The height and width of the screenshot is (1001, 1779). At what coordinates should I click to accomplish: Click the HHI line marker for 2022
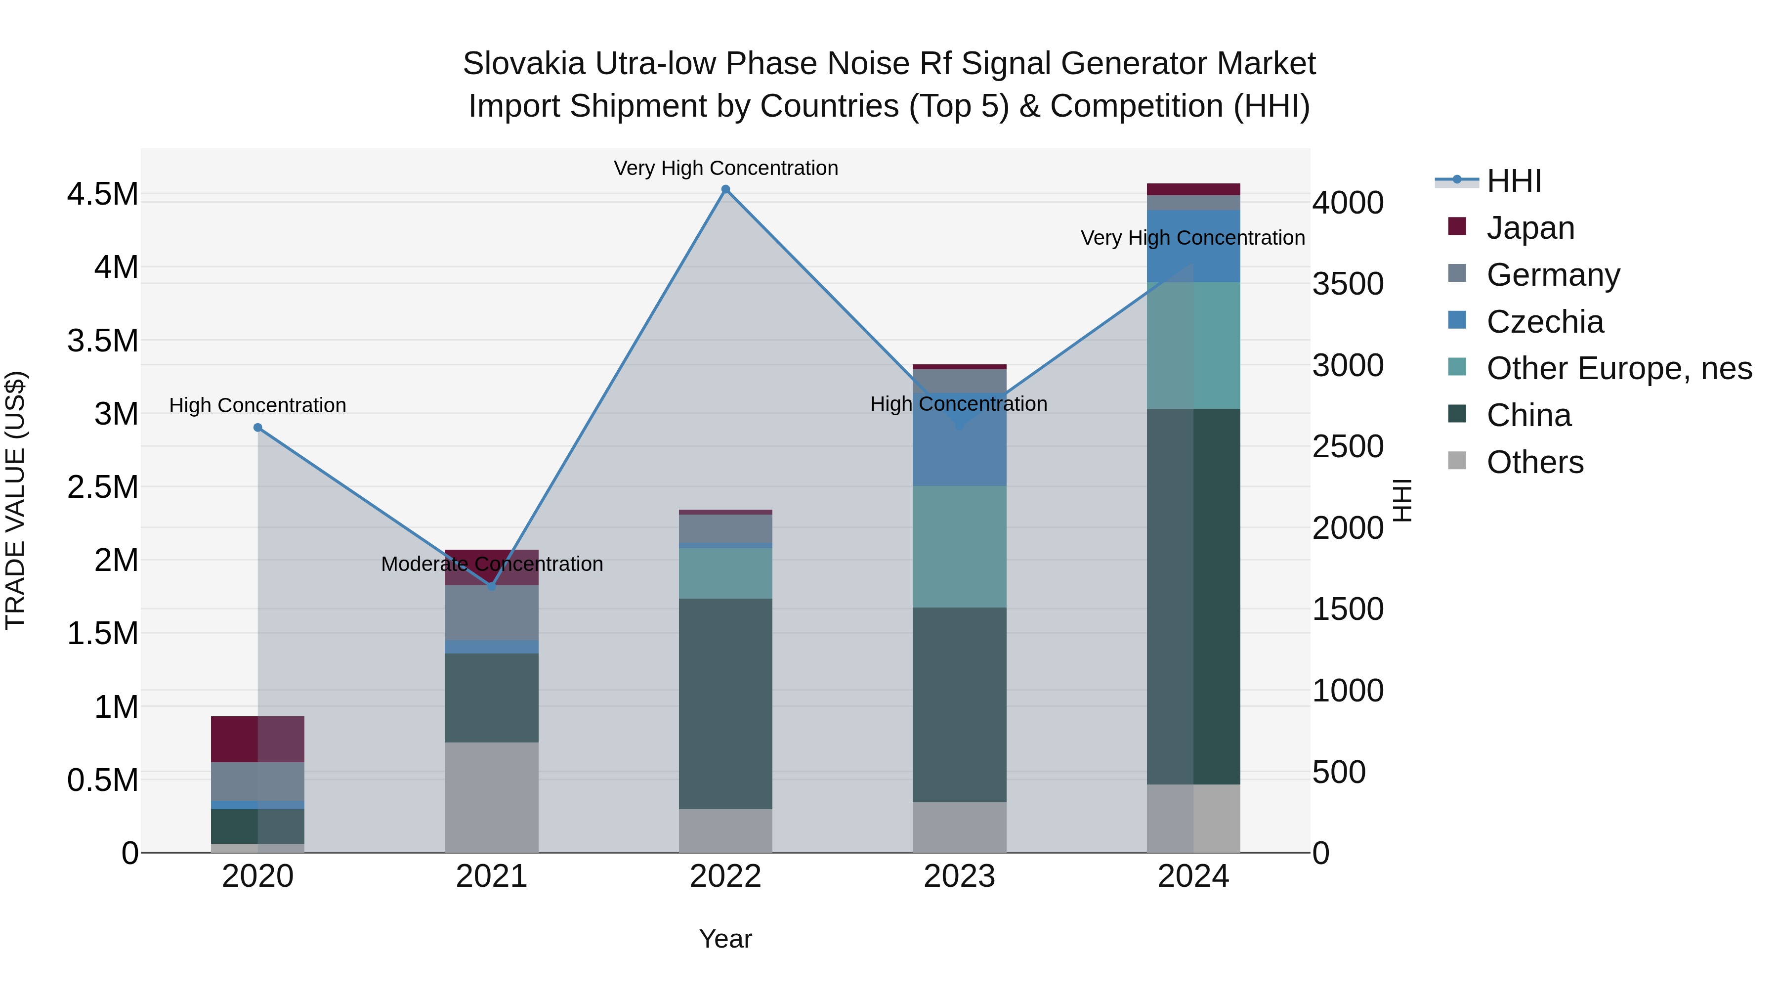tap(725, 189)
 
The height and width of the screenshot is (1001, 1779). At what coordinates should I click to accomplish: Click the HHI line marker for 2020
tap(257, 428)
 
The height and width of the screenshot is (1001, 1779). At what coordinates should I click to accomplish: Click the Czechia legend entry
tap(1544, 322)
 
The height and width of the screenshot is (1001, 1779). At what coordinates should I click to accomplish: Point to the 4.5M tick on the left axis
tap(102, 194)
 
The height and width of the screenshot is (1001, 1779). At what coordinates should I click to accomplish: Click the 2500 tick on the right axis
tap(1348, 447)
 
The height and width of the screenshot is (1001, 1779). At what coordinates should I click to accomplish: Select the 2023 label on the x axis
tap(959, 876)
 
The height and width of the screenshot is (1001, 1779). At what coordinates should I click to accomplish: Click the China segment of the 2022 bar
tap(725, 703)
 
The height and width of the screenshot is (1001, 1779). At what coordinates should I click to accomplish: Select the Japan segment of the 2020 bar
tap(257, 739)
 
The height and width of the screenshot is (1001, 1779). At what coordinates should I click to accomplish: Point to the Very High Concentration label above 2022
tap(725, 168)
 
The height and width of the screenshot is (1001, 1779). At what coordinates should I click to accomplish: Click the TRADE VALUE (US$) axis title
tap(15, 500)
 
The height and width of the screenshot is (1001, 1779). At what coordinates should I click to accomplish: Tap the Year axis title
tap(725, 939)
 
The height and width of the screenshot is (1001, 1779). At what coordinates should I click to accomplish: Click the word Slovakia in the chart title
tap(523, 64)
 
